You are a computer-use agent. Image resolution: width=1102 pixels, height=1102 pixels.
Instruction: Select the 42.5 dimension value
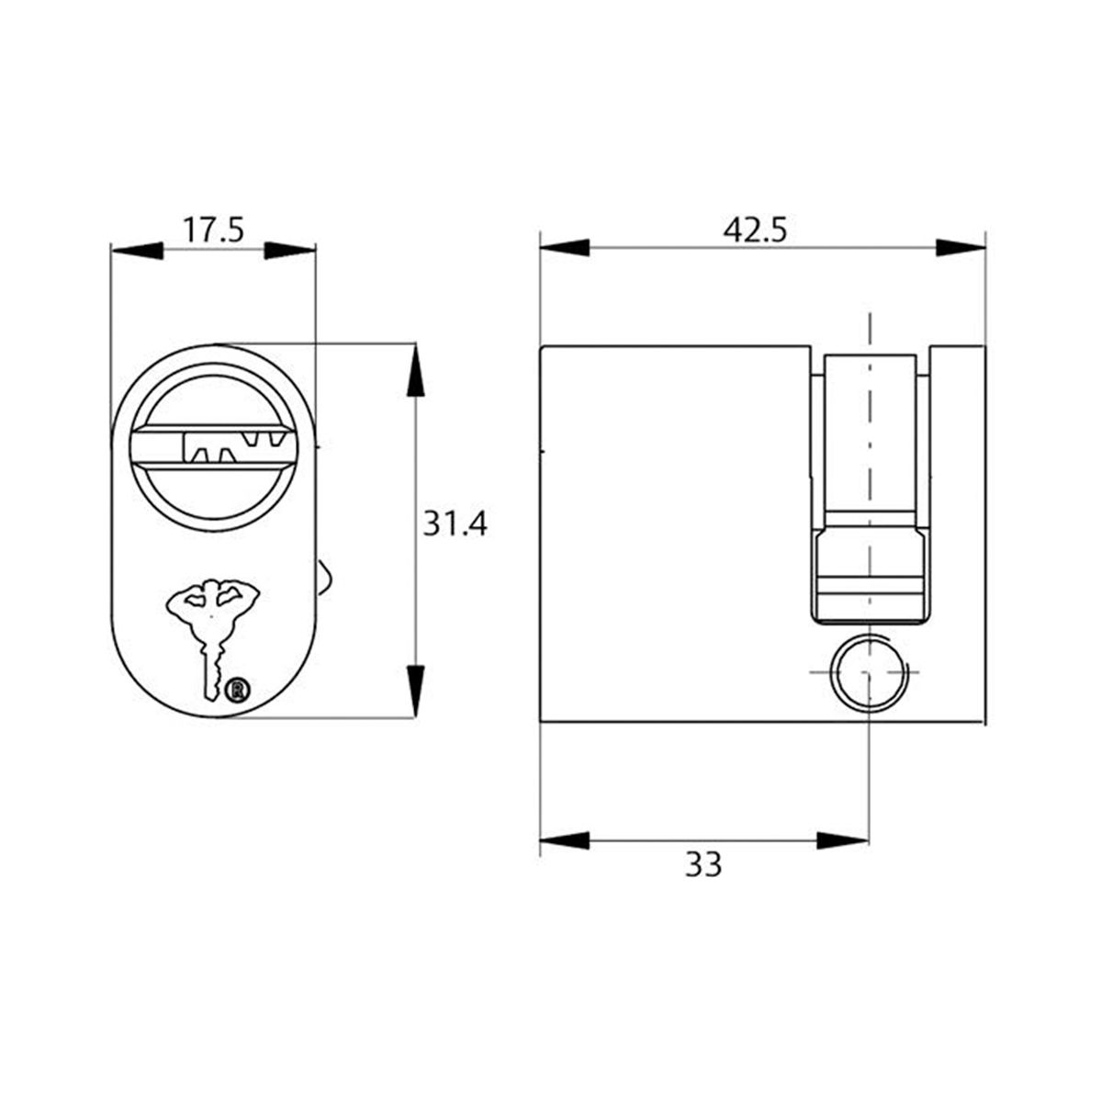pyautogui.click(x=755, y=230)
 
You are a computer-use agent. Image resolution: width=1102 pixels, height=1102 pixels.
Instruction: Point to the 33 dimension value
pyautogui.click(x=703, y=864)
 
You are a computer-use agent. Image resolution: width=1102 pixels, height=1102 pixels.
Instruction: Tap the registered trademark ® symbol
pyautogui.click(x=238, y=689)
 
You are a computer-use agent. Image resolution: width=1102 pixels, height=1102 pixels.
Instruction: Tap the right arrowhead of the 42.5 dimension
pyautogui.click(x=961, y=248)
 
